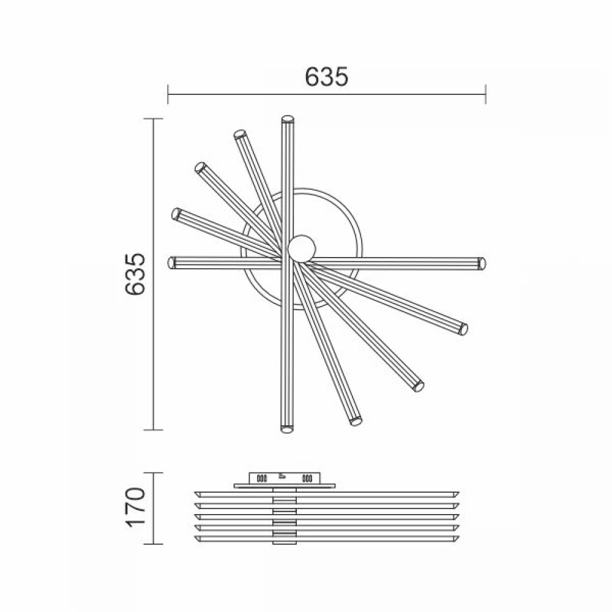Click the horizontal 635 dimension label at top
[326, 76]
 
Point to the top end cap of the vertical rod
[287, 119]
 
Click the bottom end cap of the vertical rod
[286, 429]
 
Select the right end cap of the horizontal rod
[482, 263]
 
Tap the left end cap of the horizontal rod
[171, 263]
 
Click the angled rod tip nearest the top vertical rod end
[240, 134]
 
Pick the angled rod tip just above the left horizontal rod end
[176, 214]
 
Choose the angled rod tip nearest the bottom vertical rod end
[354, 421]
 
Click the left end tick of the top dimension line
[168, 95]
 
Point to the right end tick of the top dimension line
[485, 95]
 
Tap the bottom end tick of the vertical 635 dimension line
[153, 430]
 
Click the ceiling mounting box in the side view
[284, 478]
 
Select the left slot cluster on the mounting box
[263, 478]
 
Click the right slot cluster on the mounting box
[307, 478]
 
